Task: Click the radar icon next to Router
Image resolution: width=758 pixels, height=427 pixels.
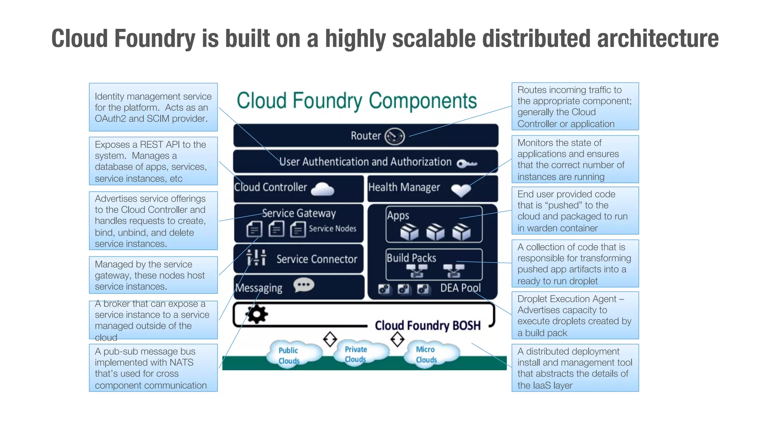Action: point(395,136)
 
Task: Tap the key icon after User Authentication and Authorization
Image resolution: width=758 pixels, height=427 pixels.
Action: point(467,163)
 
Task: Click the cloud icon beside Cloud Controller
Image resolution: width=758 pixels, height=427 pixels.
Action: point(322,189)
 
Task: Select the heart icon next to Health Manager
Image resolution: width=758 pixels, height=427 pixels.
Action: point(461,190)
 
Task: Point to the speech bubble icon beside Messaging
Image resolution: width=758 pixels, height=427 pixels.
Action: point(304,285)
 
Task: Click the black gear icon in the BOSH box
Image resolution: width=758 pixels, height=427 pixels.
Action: point(257,314)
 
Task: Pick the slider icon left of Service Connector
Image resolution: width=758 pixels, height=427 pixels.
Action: point(256,258)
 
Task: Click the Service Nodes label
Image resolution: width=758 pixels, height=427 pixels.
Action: point(332,229)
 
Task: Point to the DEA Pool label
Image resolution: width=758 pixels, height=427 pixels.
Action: point(460,288)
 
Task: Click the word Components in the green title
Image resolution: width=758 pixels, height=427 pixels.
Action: point(423,101)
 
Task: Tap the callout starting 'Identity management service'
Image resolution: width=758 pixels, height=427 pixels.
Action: point(153,107)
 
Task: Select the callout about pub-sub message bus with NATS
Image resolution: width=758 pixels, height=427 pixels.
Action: point(153,368)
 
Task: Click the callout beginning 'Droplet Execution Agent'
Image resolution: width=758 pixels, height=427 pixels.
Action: point(575,315)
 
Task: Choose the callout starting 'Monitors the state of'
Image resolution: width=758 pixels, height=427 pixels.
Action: point(575,159)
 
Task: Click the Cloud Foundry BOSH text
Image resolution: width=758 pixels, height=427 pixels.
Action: point(427,325)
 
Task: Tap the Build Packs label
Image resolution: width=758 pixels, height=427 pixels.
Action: point(411,258)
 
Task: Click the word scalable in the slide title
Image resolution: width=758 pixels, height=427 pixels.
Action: point(434,39)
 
